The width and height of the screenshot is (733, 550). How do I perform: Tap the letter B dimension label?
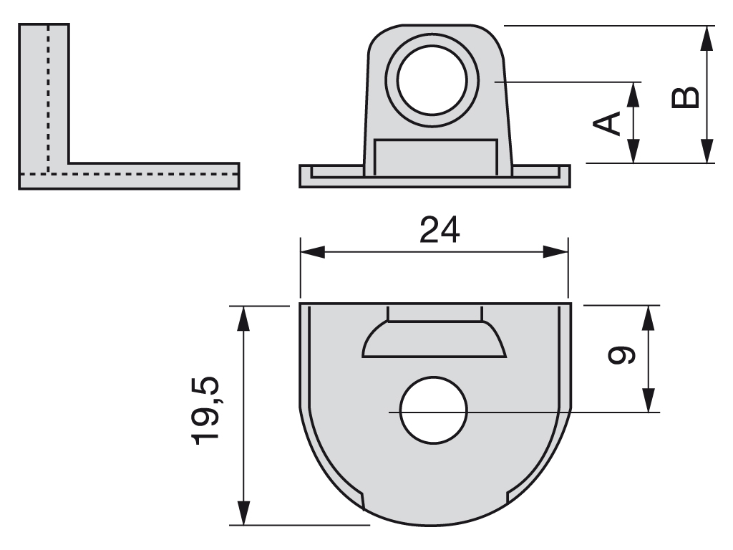pyautogui.click(x=686, y=97)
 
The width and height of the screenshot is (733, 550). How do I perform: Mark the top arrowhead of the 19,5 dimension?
pyautogui.click(x=244, y=316)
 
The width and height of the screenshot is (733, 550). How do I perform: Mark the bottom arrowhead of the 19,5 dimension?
pyautogui.click(x=244, y=514)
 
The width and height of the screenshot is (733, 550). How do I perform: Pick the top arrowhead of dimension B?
pyautogui.click(x=707, y=37)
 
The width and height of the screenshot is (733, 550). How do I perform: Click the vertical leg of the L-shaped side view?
pyautogui.click(x=44, y=93)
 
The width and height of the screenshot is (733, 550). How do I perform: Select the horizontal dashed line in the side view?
pyautogui.click(x=143, y=173)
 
